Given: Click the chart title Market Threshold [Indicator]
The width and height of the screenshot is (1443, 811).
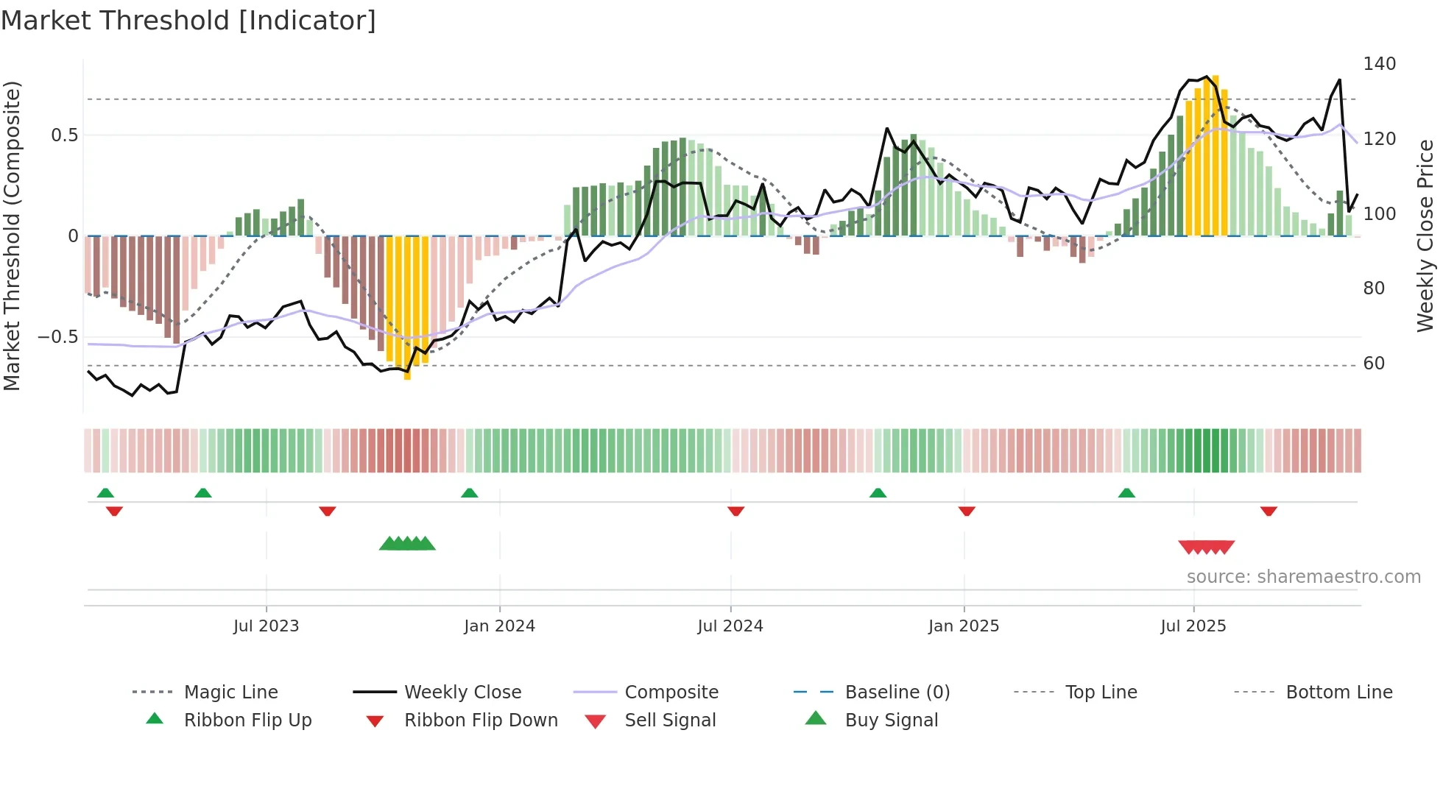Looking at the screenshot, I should coord(188,21).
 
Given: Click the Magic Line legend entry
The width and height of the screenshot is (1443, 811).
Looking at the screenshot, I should coord(230,693).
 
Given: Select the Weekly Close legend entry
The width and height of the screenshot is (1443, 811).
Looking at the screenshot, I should coord(462,693).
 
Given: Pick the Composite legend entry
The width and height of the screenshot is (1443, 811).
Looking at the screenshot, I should coord(671,693).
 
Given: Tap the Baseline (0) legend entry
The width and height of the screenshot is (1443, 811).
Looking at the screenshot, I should coord(897,693).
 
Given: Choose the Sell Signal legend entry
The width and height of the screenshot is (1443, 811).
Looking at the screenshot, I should coord(669,720).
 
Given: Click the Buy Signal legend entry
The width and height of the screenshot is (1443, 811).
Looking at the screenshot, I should coord(891,720).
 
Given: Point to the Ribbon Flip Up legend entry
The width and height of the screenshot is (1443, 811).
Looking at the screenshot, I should coord(247,720).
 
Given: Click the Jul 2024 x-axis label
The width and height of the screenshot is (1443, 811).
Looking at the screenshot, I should coord(730,626).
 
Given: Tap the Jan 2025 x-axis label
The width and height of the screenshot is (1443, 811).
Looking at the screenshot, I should coord(963,626).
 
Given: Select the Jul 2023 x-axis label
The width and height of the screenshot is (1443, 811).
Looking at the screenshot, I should coord(266,626).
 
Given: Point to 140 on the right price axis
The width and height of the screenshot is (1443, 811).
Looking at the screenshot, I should coord(1379,64).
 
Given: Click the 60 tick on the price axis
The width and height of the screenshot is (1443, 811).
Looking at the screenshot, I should coord(1374,364).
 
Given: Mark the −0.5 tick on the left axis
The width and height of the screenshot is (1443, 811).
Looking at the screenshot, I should coord(57,337).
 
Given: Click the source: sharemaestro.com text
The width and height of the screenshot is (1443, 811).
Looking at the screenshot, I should coord(1303,577).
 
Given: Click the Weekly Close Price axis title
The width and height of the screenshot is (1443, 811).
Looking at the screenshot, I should coord(1425,235).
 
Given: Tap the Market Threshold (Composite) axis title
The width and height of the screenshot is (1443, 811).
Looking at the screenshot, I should coord(12,235).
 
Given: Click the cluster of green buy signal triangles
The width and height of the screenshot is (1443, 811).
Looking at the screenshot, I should coord(407,544).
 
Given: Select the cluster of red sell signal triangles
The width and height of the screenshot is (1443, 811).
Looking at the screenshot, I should coord(1206,547).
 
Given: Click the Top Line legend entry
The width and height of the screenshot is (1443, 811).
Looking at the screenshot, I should coord(1101,693).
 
